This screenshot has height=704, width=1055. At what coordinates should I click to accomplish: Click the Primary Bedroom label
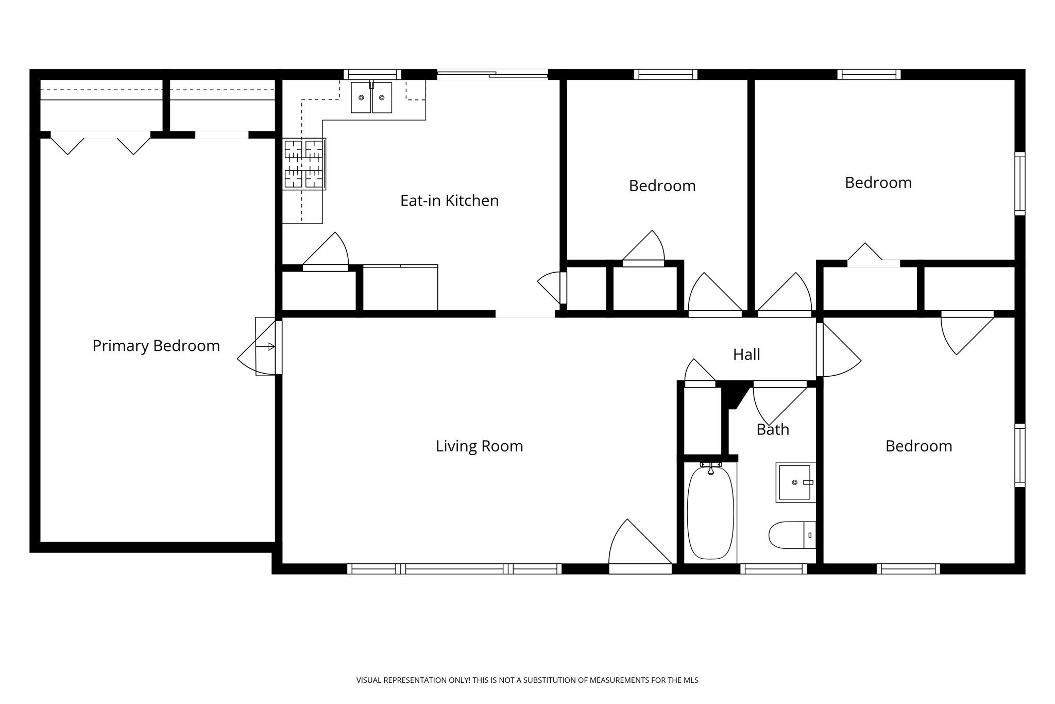pyautogui.click(x=156, y=346)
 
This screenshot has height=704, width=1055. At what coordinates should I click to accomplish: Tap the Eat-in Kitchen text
pyautogui.click(x=449, y=200)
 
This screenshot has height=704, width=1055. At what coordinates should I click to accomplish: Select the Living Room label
pyautogui.click(x=479, y=446)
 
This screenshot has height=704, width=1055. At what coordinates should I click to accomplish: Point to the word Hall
pyautogui.click(x=746, y=355)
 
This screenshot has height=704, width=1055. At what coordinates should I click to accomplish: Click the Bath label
pyautogui.click(x=772, y=429)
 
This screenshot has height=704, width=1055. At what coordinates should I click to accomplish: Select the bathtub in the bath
pyautogui.click(x=710, y=513)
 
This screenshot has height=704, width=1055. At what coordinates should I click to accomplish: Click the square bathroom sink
pyautogui.click(x=795, y=482)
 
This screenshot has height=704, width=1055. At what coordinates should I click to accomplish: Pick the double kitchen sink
pyautogui.click(x=371, y=97)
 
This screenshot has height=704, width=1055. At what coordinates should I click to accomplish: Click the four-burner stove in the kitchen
pyautogui.click(x=304, y=164)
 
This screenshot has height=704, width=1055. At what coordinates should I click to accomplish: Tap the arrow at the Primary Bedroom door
pyautogui.click(x=265, y=347)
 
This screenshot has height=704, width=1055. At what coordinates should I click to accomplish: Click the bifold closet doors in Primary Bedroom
pyautogui.click(x=100, y=142)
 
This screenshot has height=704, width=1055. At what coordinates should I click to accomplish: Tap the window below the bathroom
pyautogui.click(x=774, y=568)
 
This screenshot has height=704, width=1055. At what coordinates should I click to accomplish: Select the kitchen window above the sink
pyautogui.click(x=372, y=74)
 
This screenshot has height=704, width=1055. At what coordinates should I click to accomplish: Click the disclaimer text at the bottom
pyautogui.click(x=527, y=680)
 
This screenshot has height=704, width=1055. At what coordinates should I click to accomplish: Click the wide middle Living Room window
pyautogui.click(x=454, y=568)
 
